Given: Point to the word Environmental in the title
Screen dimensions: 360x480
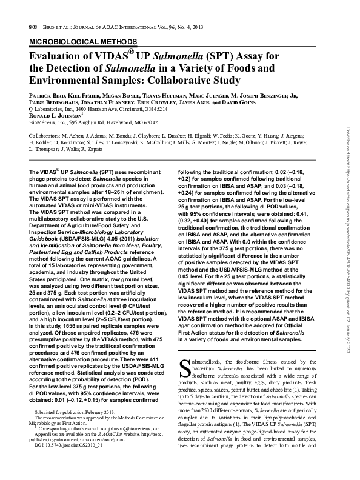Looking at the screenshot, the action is pyautogui.click(x=65, y=81).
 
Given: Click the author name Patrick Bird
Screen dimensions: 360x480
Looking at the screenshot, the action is pyautogui.click(x=47, y=96).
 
